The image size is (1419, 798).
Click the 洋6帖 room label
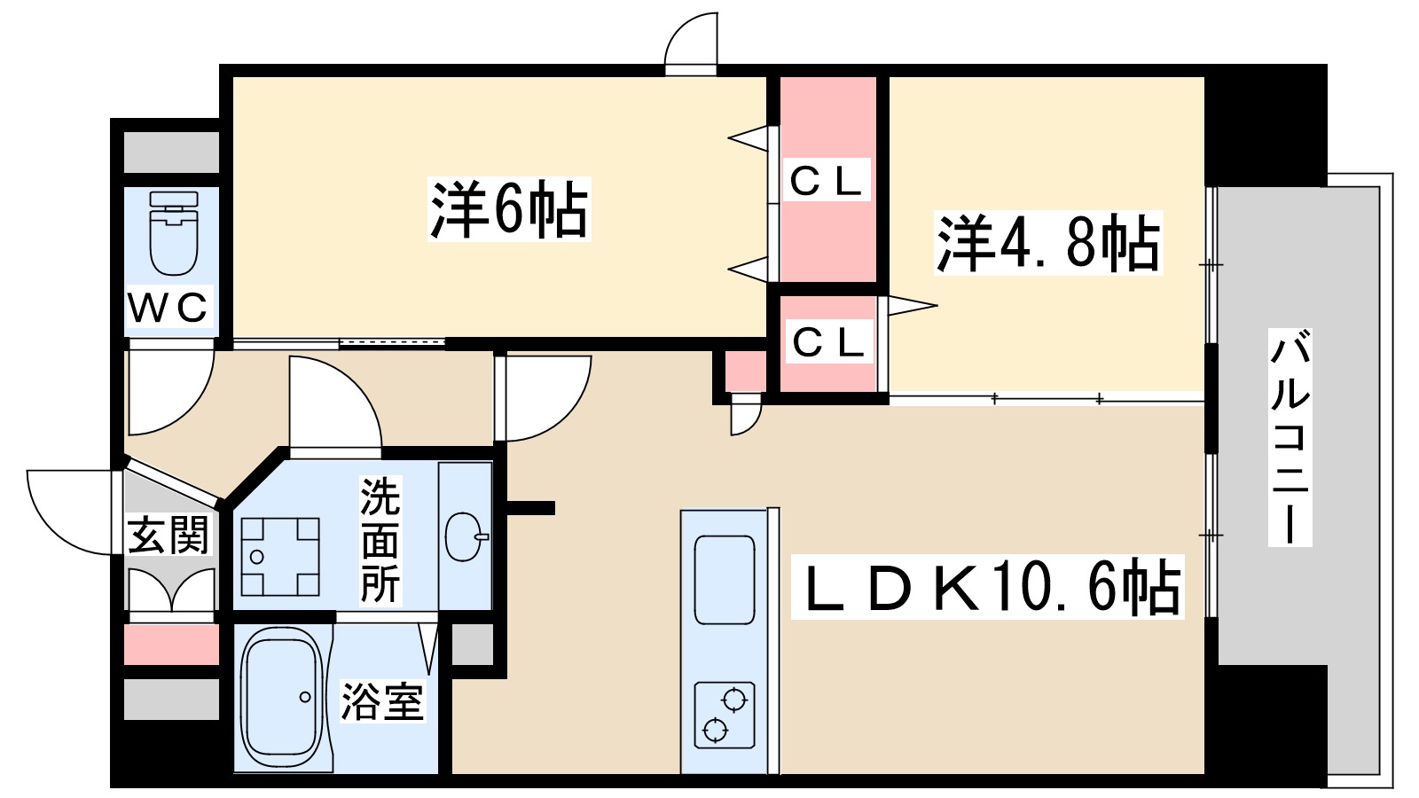tap(509, 210)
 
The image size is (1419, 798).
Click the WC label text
tap(169, 308)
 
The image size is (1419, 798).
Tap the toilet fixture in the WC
tap(174, 233)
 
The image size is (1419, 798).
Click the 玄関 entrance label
tap(169, 536)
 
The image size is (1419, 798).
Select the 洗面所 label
tap(380, 540)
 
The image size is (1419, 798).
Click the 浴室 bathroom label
tap(382, 701)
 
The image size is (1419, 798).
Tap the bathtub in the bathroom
tap(282, 698)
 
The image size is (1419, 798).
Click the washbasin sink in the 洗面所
tap(464, 536)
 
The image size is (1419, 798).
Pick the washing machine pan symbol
tap(280, 556)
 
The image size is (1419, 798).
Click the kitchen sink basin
tap(725, 579)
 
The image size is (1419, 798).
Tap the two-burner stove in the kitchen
tap(724, 715)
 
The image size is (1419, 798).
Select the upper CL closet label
tap(826, 182)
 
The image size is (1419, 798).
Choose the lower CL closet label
tap(828, 342)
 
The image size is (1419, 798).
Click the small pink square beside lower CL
tap(745, 371)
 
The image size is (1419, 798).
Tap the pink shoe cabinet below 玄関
tap(170, 645)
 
